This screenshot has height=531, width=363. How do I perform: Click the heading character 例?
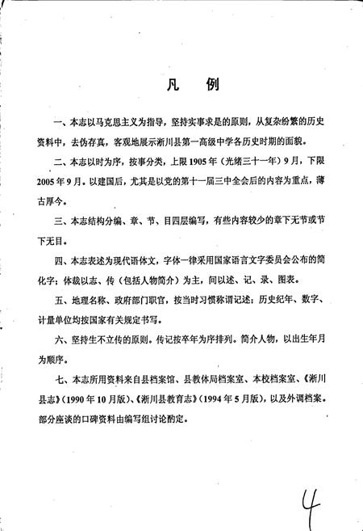pos(197,86)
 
